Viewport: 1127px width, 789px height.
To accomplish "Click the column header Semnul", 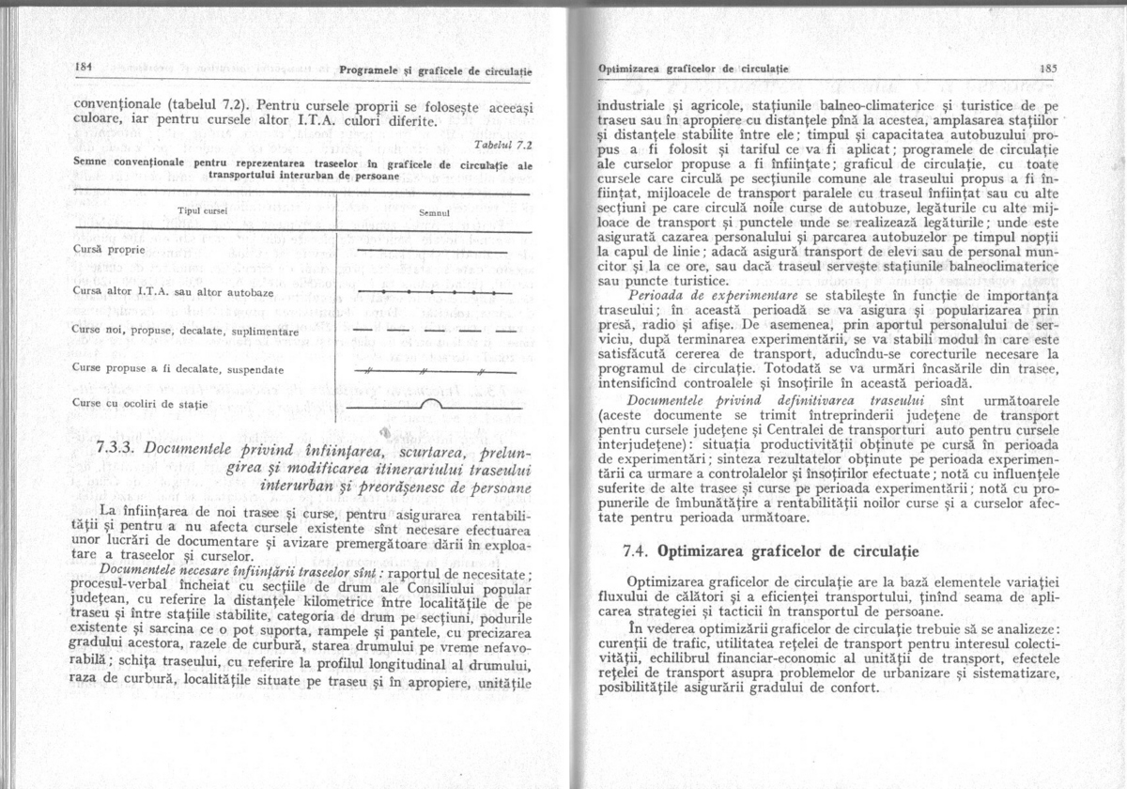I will (433, 212).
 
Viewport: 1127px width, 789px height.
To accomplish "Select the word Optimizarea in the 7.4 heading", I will (705, 550).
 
